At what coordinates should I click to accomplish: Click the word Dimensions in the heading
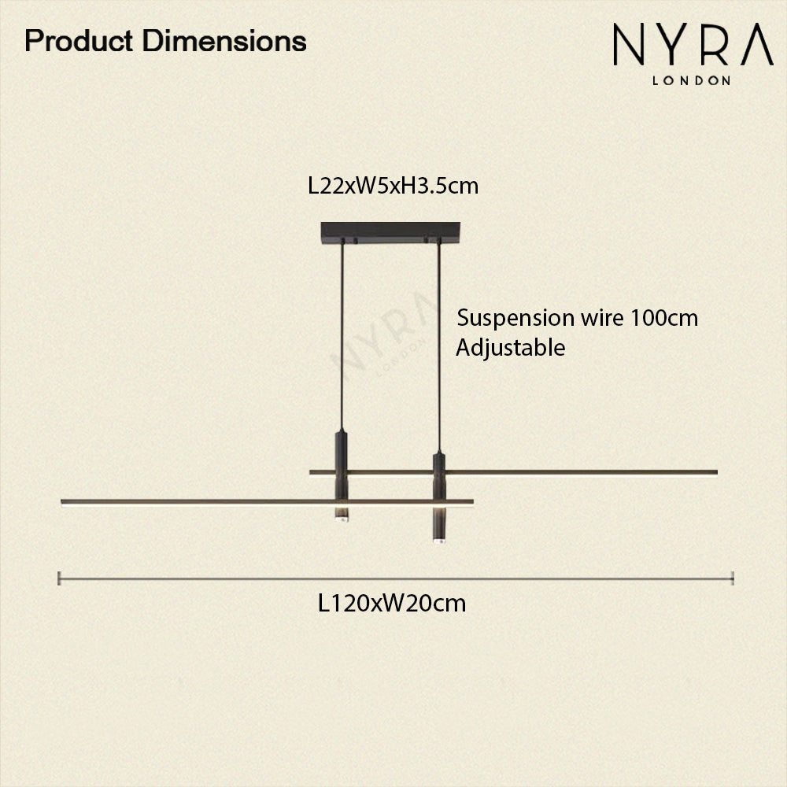tap(224, 40)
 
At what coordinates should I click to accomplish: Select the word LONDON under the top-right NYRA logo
tap(693, 79)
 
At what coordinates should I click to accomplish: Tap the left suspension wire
tap(342, 331)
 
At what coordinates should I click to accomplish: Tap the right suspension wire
tap(438, 346)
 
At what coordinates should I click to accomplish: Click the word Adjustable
tap(511, 347)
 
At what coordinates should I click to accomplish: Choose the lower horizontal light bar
tap(197, 501)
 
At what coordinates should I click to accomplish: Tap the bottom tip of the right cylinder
tap(438, 540)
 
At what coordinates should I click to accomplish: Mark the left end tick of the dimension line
tap(60, 578)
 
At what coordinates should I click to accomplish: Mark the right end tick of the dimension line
tap(733, 578)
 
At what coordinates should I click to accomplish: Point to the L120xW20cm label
tap(392, 604)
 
